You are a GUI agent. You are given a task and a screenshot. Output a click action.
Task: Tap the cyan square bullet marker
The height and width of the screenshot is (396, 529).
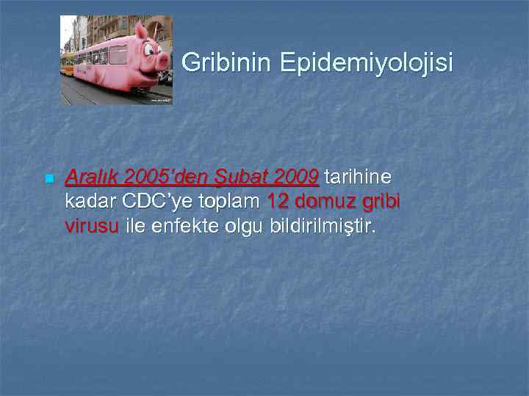click(48, 179)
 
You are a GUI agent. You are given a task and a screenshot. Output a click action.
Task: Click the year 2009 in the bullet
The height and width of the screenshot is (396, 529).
click(295, 177)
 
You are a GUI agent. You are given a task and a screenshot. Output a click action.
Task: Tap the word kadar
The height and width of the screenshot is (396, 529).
click(90, 202)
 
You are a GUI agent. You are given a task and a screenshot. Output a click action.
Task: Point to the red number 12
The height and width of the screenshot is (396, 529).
click(278, 202)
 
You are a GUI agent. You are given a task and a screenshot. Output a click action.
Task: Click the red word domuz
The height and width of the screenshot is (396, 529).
click(325, 202)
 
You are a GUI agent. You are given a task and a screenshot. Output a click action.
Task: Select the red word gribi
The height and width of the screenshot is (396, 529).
click(381, 202)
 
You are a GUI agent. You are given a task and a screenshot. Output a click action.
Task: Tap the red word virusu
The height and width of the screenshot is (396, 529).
click(92, 226)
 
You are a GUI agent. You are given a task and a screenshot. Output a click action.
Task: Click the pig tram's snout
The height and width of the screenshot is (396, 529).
click(163, 74)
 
